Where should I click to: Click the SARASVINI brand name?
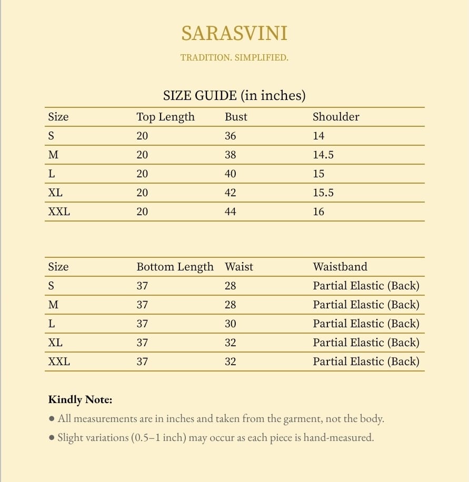pos(234,34)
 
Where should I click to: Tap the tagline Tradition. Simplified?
pos(234,57)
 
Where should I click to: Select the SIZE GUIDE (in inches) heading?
pos(234,96)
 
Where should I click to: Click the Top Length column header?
pos(165,117)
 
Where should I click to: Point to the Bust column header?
pos(236,117)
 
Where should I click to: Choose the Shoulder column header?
pos(336,117)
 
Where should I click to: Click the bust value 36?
pos(231,136)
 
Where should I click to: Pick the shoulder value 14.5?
pos(323,155)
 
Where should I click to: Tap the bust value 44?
pos(231,212)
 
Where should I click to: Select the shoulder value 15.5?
pos(323,193)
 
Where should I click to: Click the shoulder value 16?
pos(318,212)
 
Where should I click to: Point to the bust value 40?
pos(231,174)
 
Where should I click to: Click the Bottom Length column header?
pos(175,267)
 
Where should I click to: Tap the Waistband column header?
pos(340,267)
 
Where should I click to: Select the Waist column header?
pos(239,267)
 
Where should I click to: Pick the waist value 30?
pos(231,324)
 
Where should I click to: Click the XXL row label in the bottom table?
pos(59,361)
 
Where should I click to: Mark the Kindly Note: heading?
pos(80,400)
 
